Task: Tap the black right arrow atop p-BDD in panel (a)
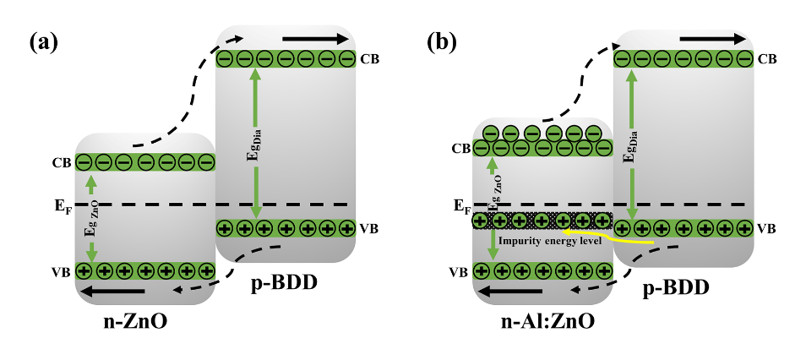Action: click(x=314, y=39)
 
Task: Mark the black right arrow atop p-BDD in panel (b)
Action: click(x=712, y=39)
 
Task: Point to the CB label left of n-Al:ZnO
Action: click(x=460, y=149)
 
